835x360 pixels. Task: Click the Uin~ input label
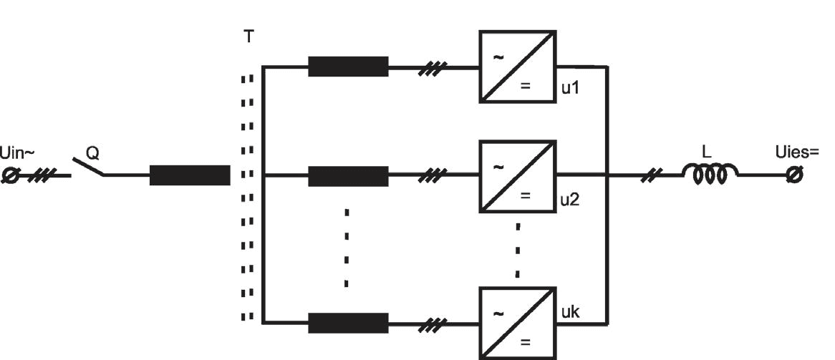pos(18,154)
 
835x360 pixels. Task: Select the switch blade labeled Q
pos(88,166)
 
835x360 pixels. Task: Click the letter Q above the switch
pos(92,153)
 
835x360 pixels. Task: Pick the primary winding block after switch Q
pos(190,175)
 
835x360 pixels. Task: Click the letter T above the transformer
pos(248,37)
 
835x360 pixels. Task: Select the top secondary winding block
pos(348,67)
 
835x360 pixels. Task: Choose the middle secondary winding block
pos(348,176)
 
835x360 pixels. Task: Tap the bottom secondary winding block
pos(348,323)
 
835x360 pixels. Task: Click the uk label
pos(571,312)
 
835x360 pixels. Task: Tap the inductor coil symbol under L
pos(710,174)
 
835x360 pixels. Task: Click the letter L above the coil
pos(706,152)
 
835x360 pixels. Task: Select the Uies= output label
pos(796,152)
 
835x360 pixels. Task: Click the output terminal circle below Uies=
pos(794,175)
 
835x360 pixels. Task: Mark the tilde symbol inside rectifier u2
pos(498,167)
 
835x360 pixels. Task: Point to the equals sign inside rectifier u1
pos(525,86)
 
